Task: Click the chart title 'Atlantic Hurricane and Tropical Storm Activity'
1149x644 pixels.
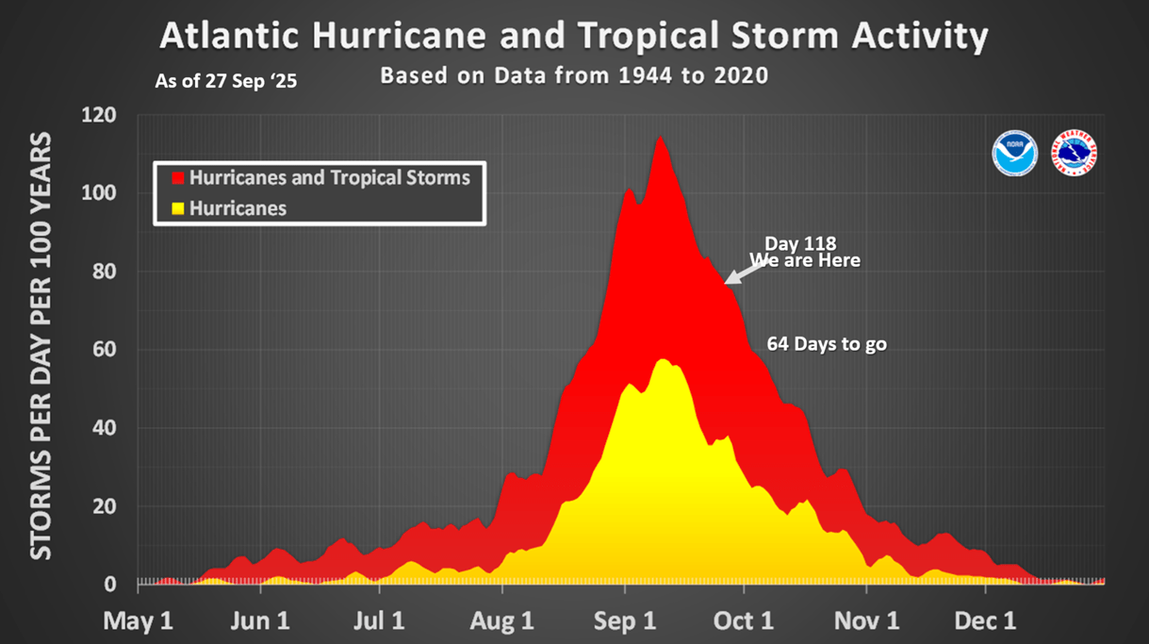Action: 574,37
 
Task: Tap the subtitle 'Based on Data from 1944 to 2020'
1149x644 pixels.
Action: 574,75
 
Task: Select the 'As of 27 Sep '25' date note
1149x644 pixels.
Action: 226,82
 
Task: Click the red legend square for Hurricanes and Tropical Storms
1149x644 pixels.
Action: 176,177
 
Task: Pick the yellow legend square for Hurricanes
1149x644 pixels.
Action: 176,208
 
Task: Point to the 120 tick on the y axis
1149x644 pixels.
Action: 99,116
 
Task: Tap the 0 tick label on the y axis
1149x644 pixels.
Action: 110,585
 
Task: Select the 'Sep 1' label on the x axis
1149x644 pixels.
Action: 625,621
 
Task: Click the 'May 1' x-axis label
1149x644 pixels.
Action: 139,621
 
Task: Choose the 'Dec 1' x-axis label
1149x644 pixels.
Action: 986,621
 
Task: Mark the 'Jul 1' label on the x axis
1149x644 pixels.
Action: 379,621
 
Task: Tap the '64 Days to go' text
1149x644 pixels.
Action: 827,344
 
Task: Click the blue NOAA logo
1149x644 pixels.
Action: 1015,153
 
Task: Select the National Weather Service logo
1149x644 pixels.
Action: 1075,153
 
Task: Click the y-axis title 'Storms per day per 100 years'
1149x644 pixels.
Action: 41,346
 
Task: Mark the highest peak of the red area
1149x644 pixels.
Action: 660,138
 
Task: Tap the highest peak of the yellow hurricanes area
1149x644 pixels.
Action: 663,360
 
